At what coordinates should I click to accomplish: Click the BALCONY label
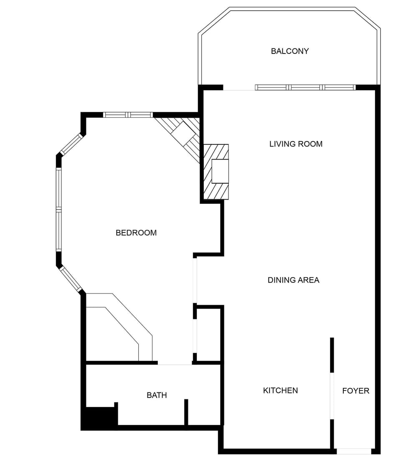(x=290, y=51)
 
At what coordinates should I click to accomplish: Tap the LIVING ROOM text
(x=296, y=144)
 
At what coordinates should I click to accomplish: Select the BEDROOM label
(x=136, y=233)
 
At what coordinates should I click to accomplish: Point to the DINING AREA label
(x=293, y=280)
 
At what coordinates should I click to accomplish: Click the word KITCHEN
(x=280, y=390)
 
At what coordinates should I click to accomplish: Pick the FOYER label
(x=355, y=391)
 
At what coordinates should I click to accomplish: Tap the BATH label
(x=157, y=395)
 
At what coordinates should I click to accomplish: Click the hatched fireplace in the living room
(x=216, y=172)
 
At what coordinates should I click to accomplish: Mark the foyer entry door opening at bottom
(x=354, y=451)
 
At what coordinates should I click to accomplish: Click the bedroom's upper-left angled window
(x=71, y=144)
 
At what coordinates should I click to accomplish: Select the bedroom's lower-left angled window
(x=70, y=279)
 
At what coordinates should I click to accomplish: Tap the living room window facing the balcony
(x=305, y=87)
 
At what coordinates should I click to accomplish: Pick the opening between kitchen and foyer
(x=332, y=396)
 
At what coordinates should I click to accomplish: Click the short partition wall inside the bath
(x=186, y=412)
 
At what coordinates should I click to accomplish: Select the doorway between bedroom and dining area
(x=195, y=280)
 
